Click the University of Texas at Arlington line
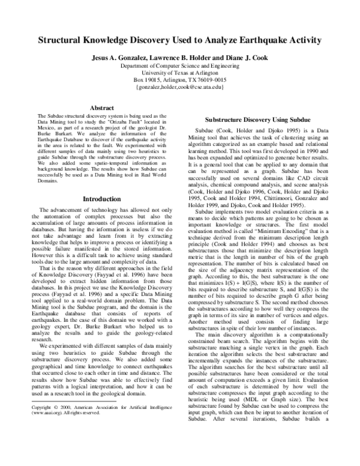180,72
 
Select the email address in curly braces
180,87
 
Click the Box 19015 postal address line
180,79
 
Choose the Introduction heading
97,198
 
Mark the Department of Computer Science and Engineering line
180,65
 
